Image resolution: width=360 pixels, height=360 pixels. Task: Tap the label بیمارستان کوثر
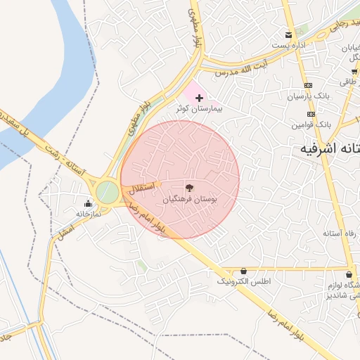point(198,110)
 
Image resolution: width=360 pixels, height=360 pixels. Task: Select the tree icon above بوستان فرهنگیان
point(188,188)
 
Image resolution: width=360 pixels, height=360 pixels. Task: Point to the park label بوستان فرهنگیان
point(190,200)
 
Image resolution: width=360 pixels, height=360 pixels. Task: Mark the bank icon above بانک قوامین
point(310,113)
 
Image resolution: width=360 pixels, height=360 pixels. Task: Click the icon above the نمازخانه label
point(88,205)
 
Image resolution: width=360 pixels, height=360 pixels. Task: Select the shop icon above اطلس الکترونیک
point(243,271)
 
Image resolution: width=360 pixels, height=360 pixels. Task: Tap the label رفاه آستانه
point(340,233)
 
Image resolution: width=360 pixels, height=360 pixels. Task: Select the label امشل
point(65,229)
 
